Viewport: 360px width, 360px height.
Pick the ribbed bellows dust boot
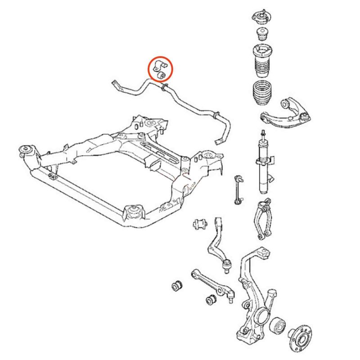click(x=262, y=95)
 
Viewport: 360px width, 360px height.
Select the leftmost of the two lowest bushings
click(x=178, y=285)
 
